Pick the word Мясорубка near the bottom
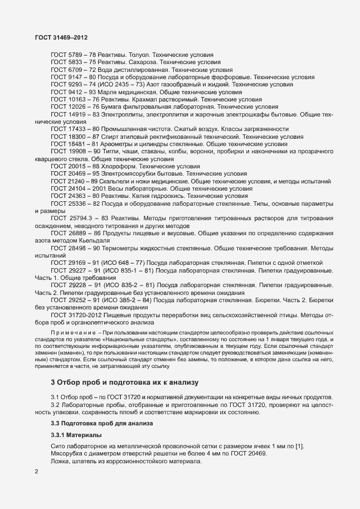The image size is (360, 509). click(x=69, y=453)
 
